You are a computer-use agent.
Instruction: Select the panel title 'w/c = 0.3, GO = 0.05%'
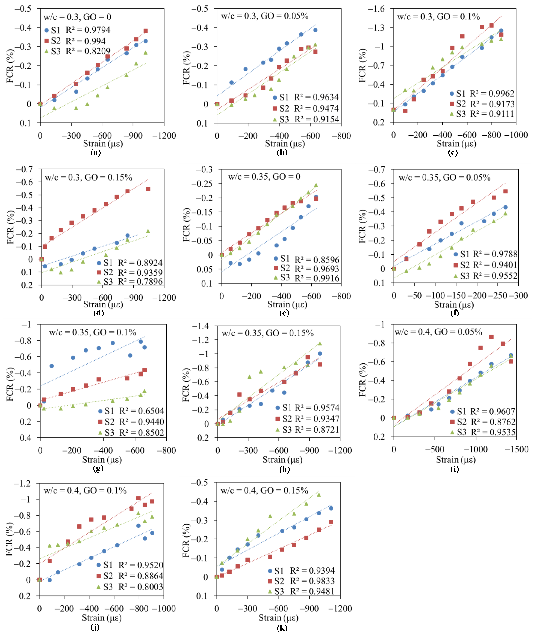tap(265, 16)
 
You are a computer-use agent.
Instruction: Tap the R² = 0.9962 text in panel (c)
tap(492, 93)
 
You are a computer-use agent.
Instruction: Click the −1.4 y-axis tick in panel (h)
tap(200, 326)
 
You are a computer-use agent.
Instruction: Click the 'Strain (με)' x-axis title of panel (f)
tap(454, 305)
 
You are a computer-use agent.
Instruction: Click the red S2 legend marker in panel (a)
tap(47, 41)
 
